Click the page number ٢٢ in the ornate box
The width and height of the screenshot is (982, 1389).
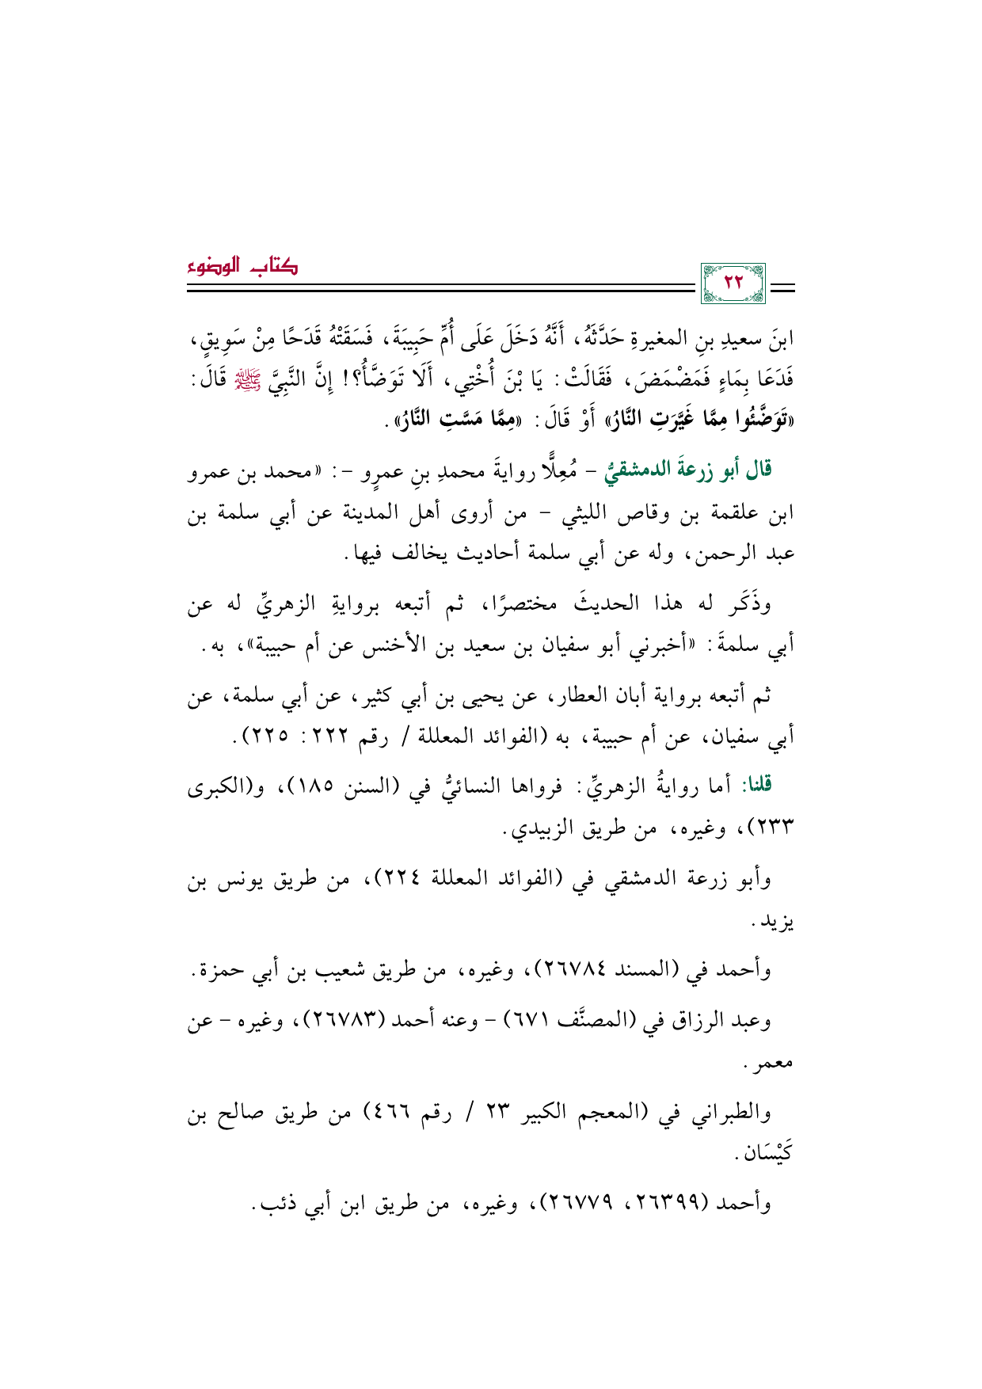tap(733, 282)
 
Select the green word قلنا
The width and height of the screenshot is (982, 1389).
tap(756, 785)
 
